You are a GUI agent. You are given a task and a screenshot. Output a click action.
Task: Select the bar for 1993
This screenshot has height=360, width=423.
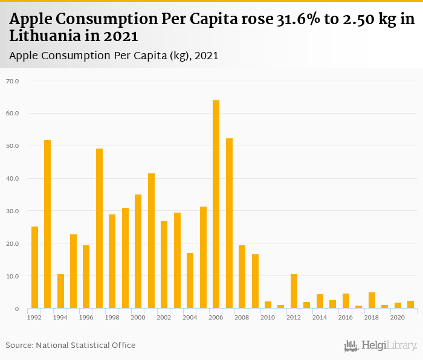click(x=47, y=224)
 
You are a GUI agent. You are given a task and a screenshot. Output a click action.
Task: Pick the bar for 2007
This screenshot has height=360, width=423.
click(x=229, y=223)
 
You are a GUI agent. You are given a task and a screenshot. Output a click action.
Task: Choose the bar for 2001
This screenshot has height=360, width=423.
click(x=151, y=241)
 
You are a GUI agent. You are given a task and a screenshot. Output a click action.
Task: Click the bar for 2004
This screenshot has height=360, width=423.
click(x=190, y=281)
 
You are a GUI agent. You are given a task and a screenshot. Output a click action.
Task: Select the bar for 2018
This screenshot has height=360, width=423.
click(x=372, y=300)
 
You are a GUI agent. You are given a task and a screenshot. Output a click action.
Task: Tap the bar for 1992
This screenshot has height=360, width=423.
click(x=34, y=268)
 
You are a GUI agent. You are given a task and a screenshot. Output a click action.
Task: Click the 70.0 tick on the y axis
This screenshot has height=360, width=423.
click(x=12, y=80)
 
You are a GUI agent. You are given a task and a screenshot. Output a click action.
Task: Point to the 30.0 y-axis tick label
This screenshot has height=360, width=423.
click(x=12, y=211)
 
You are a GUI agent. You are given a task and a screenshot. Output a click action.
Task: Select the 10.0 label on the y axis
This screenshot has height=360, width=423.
click(x=12, y=276)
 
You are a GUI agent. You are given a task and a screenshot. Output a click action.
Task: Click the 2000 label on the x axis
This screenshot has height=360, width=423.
click(x=138, y=317)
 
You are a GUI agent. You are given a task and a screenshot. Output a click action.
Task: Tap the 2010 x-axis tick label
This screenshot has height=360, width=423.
click(x=268, y=317)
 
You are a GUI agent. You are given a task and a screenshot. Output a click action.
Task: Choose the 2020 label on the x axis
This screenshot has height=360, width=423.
click(x=398, y=317)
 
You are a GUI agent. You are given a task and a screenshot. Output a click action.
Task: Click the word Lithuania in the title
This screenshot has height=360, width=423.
click(x=43, y=36)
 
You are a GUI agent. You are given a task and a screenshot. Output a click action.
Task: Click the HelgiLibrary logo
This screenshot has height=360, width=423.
click(x=380, y=346)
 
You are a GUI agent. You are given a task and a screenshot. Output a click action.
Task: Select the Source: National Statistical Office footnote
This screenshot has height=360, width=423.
click(x=71, y=345)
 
